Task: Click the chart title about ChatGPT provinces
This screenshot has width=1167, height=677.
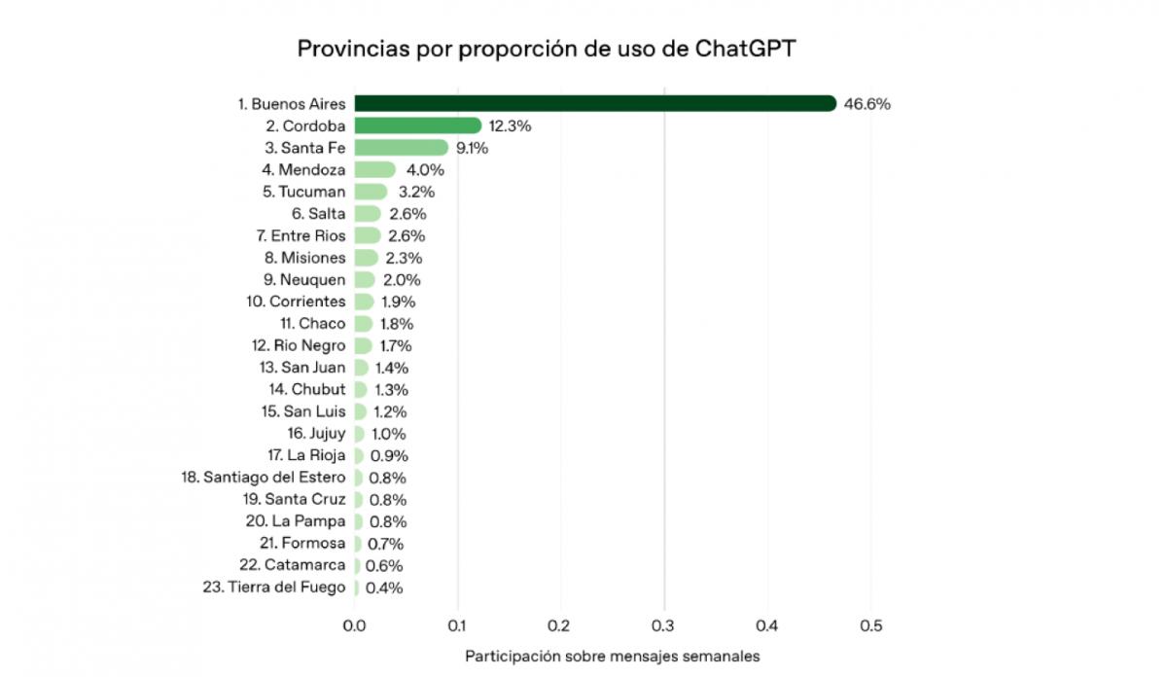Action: [x=546, y=49]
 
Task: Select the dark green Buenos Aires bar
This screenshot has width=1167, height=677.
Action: [x=594, y=103]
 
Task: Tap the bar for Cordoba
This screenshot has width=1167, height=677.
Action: [x=417, y=125]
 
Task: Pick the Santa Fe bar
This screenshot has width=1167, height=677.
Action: [x=401, y=148]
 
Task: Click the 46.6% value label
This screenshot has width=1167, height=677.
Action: [x=866, y=104]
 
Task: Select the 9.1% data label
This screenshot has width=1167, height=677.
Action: [x=472, y=148]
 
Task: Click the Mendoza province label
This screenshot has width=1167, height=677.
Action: [x=303, y=170]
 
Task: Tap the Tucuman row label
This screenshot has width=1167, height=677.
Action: [x=303, y=192]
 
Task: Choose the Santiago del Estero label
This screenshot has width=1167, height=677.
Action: [x=264, y=478]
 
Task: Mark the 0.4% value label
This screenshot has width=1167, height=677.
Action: [x=383, y=588]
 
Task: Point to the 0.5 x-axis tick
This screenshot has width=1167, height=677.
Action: [x=870, y=625]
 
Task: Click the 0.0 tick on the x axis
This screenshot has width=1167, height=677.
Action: [x=355, y=625]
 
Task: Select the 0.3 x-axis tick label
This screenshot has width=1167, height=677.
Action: [x=664, y=625]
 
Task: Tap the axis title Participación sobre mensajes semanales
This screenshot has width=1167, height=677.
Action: [x=612, y=656]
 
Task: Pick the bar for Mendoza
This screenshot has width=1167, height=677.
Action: [x=374, y=170]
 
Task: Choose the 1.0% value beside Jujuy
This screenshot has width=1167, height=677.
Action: [x=388, y=434]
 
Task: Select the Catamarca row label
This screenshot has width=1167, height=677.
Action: [x=292, y=565]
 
